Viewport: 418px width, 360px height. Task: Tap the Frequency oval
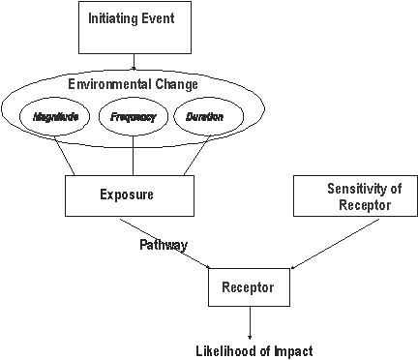(132, 117)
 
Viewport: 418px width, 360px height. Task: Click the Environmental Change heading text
(132, 83)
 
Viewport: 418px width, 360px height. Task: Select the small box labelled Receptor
(250, 287)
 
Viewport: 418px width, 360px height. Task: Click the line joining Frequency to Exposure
(132, 155)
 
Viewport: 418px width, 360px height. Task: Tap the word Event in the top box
(157, 19)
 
